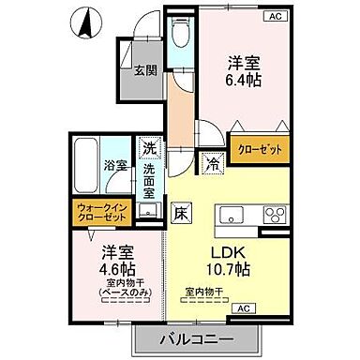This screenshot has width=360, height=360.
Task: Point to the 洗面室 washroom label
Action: pos(150,182)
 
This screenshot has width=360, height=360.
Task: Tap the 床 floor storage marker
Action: pos(181,213)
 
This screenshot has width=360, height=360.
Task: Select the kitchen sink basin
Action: pos(231,215)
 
